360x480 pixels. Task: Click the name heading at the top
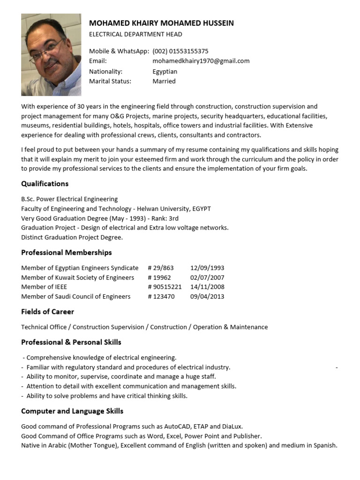pyautogui.click(x=161, y=23)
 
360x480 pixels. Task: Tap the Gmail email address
pyautogui.click(x=201, y=61)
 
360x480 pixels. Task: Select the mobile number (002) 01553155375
pyautogui.click(x=180, y=51)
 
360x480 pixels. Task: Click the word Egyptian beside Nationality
pyautogui.click(x=165, y=72)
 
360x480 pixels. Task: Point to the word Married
pyautogui.click(x=164, y=81)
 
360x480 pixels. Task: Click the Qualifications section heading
pyautogui.click(x=45, y=184)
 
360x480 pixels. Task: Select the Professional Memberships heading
pyautogui.click(x=67, y=253)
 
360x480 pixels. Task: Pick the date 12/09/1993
pyautogui.click(x=207, y=268)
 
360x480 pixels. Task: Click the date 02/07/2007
pyautogui.click(x=207, y=277)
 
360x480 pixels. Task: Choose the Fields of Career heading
pyautogui.click(x=48, y=312)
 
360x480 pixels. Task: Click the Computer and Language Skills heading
pyautogui.click(x=72, y=411)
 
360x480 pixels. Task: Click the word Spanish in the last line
pyautogui.click(x=325, y=445)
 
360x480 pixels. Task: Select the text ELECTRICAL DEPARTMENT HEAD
pyautogui.click(x=135, y=34)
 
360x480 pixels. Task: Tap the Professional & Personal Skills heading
pyautogui.click(x=71, y=342)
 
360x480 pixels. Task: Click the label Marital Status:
pyautogui.click(x=110, y=81)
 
